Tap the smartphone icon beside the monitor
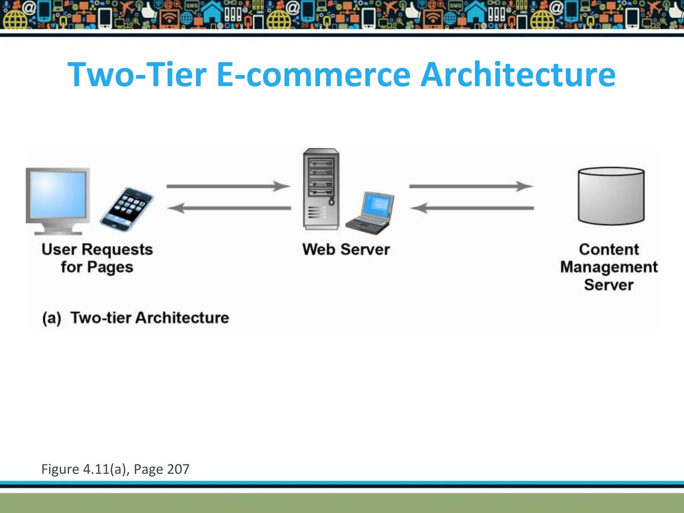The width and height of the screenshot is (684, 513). (x=127, y=209)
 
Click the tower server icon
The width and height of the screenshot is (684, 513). (x=321, y=189)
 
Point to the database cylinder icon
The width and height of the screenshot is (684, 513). (x=611, y=196)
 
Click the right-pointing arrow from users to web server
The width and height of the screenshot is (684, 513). (x=229, y=186)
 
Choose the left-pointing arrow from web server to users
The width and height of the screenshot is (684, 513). (x=229, y=208)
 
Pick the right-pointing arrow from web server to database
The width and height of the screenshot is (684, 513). (x=471, y=186)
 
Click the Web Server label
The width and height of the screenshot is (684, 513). (x=346, y=249)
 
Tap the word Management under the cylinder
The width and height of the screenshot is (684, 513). (x=609, y=267)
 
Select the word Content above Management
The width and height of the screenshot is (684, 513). (x=609, y=249)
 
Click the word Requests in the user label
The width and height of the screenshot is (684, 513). (x=117, y=249)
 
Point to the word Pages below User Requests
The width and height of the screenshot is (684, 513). (x=110, y=268)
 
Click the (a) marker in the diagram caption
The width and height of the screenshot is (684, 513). (x=52, y=318)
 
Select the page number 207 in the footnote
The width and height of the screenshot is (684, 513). (x=178, y=469)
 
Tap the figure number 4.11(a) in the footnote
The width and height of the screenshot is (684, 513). (x=106, y=469)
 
